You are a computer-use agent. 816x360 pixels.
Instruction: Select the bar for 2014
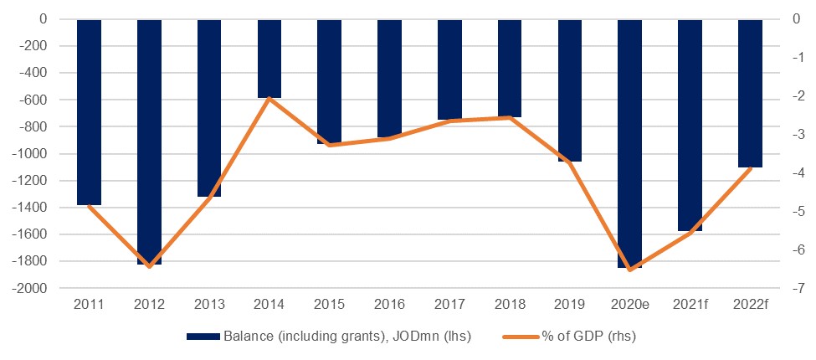(269, 59)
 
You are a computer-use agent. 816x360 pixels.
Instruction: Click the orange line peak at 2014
(269, 98)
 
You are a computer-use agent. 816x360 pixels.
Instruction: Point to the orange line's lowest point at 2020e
(629, 270)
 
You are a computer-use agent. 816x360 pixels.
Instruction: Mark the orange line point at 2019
(570, 162)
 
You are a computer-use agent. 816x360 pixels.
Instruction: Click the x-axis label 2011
(89, 304)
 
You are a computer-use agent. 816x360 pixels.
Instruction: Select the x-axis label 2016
(389, 304)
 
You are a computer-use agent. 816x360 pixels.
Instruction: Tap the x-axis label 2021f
(690, 304)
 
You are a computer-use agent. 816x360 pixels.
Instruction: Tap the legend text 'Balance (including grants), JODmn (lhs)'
(347, 337)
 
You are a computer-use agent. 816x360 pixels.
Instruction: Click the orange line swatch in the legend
(522, 337)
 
